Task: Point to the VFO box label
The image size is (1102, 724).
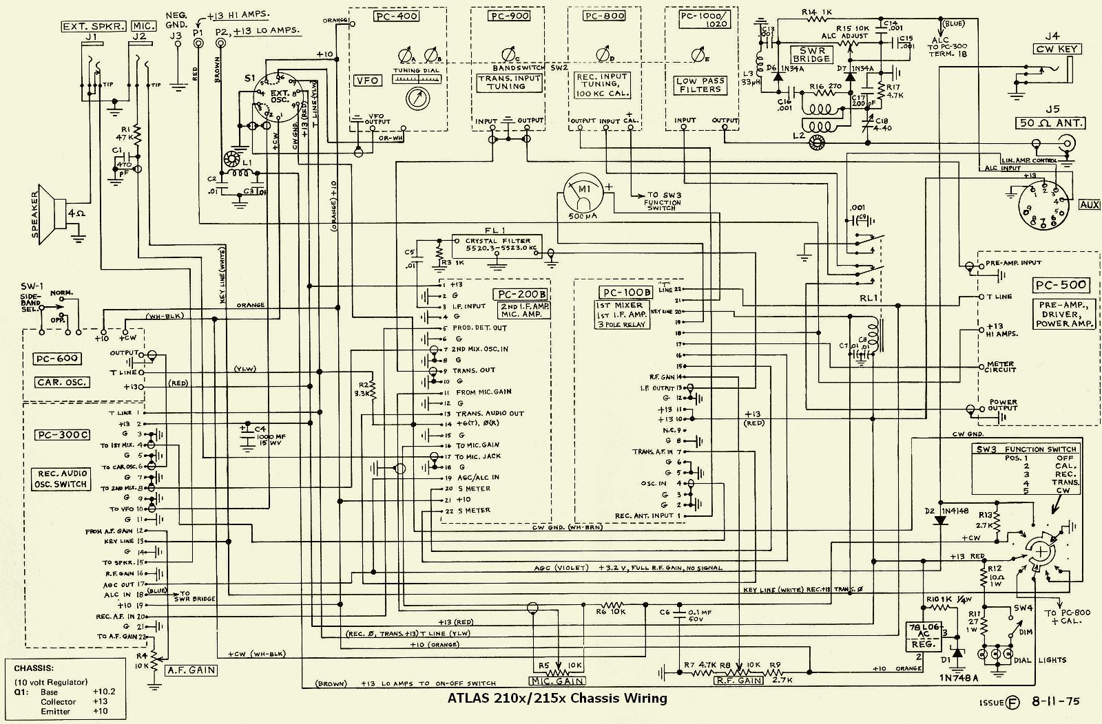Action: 367,81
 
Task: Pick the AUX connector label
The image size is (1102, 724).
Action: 1090,204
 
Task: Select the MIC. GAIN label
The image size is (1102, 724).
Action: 557,681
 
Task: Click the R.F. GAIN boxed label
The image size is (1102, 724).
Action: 739,681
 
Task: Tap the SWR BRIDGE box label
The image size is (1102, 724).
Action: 812,54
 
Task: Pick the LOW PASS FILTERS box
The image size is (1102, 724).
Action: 700,85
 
